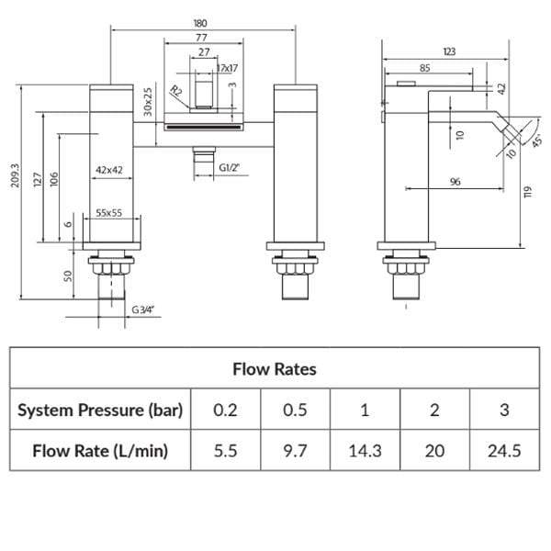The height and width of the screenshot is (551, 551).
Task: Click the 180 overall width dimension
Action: click(200, 23)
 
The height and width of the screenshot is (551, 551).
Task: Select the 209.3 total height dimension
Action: click(16, 175)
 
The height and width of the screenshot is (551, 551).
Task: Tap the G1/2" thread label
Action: click(229, 168)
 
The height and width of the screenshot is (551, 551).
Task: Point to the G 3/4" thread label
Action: click(142, 309)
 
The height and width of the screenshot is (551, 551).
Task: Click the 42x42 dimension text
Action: click(109, 170)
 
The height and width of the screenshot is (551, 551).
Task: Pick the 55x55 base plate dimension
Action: click(109, 213)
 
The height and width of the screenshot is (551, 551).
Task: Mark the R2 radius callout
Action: click(176, 91)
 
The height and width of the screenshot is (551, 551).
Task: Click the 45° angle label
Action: click(536, 141)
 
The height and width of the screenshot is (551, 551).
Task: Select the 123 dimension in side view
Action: click(449, 51)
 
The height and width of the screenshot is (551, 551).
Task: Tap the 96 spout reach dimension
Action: click(455, 181)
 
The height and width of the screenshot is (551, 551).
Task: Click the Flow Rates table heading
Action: click(275, 369)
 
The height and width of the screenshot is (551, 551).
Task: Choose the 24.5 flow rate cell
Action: click(504, 451)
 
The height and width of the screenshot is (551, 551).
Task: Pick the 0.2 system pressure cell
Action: click(225, 410)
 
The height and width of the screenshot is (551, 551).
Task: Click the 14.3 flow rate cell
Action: click(365, 451)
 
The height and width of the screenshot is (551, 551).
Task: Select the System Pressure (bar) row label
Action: click(100, 410)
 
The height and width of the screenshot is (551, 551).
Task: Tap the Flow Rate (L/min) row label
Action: click(100, 451)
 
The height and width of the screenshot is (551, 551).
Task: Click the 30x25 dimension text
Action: click(148, 102)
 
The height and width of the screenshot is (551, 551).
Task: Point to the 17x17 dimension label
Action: click(228, 68)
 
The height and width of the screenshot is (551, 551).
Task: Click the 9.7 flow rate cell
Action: click(295, 451)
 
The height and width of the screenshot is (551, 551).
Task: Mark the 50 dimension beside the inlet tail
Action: click(68, 275)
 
